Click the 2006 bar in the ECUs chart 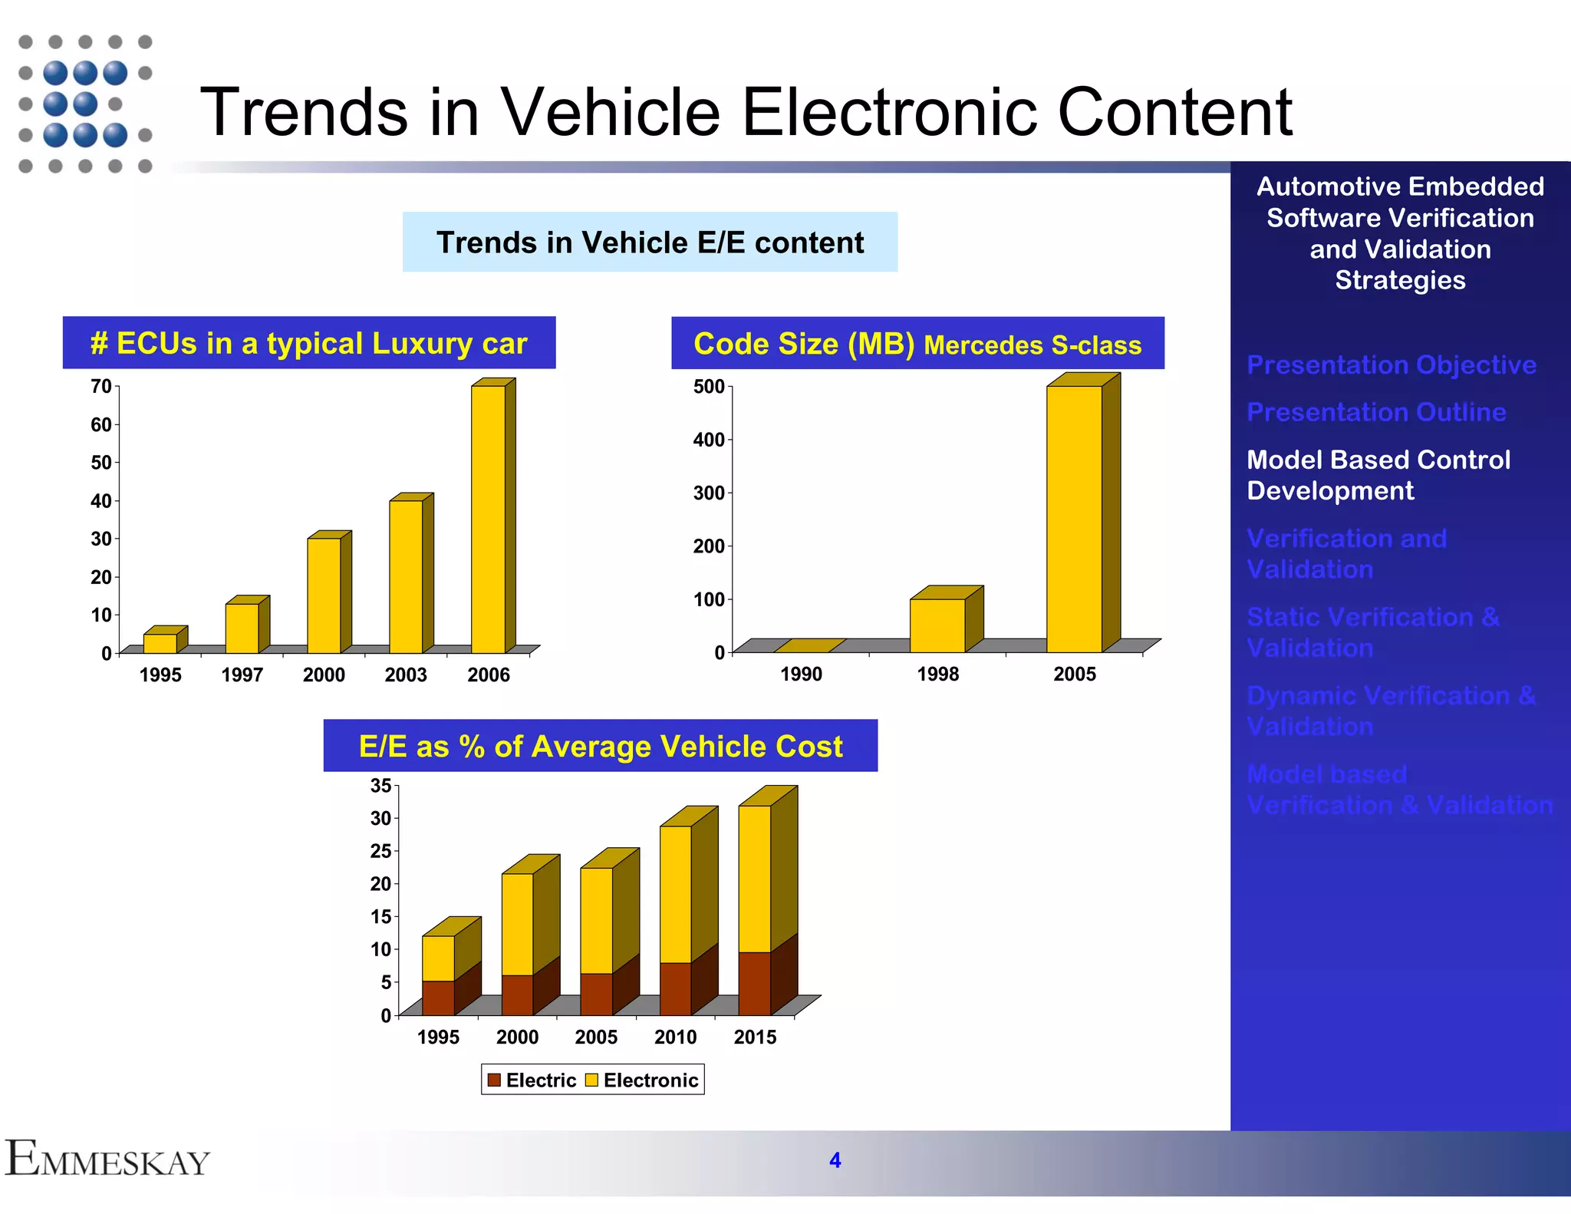(x=489, y=519)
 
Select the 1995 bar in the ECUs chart (x=160, y=643)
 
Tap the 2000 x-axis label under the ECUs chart (x=324, y=675)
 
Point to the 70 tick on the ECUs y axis (x=101, y=386)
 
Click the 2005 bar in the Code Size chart (x=1074, y=519)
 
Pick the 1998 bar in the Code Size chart (x=937, y=625)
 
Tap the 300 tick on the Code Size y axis (x=709, y=493)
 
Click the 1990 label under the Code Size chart (x=801, y=675)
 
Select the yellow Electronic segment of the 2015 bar (x=755, y=879)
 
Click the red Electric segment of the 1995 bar (x=438, y=998)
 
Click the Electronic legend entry (x=642, y=1080)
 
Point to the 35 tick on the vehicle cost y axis (x=380, y=786)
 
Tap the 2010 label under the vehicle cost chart (x=675, y=1038)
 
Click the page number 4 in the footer (x=835, y=1160)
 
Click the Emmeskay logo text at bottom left (x=107, y=1160)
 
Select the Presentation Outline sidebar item (x=1376, y=412)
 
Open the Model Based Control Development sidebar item (x=1378, y=475)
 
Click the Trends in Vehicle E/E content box (x=650, y=242)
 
